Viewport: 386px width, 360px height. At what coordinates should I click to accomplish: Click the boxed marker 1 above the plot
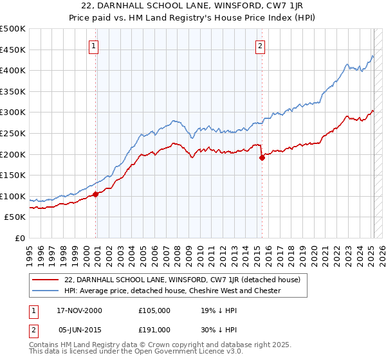point(94,46)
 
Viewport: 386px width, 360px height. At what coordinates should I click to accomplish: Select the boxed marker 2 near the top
point(260,46)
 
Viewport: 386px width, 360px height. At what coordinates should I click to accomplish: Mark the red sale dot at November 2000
point(95,194)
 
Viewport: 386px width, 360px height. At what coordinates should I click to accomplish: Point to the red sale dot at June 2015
point(262,158)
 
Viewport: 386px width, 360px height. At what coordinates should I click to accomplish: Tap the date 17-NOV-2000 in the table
point(80,310)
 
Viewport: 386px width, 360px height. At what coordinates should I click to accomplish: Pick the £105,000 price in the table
point(154,310)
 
